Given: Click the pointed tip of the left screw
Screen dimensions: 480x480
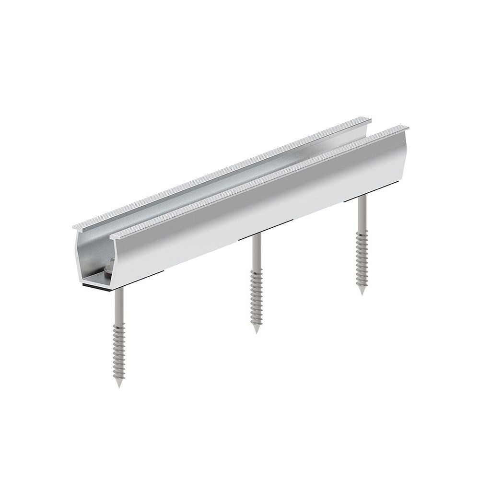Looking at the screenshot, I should pos(118,386).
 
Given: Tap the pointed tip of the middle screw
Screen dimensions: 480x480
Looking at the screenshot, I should pos(256,331).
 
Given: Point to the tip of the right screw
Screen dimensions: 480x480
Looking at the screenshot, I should pos(362,293).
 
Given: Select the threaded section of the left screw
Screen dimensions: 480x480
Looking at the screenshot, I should pos(118,350).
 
